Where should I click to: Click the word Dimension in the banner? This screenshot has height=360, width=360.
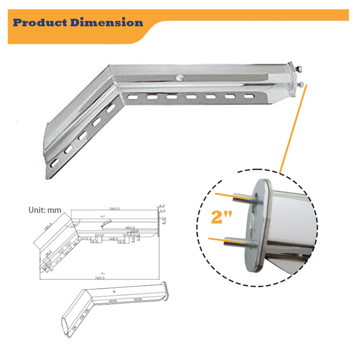point(107,23)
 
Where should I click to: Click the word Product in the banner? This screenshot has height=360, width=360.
point(40,23)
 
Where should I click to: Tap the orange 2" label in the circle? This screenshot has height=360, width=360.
point(221,218)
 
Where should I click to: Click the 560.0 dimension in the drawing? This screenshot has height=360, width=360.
point(115,208)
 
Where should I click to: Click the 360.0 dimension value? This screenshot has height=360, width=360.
point(130,228)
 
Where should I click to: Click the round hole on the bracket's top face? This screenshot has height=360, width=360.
point(180,76)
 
